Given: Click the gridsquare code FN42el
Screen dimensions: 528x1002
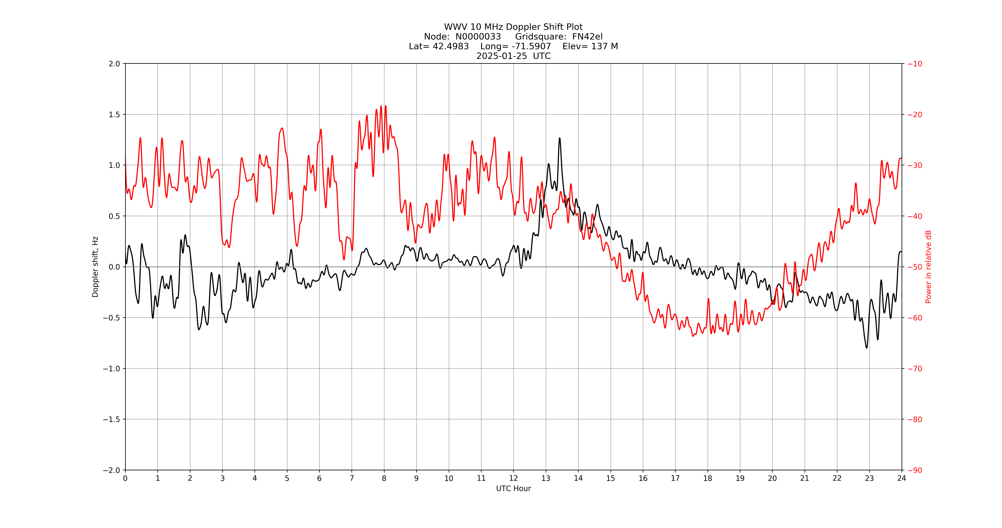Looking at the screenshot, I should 587,37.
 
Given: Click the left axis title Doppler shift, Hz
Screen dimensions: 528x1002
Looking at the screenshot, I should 95,267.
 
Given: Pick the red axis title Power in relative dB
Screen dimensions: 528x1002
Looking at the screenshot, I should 928,267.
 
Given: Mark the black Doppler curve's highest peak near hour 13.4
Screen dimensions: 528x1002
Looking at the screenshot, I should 560,138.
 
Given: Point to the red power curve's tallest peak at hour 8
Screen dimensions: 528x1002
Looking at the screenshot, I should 385,106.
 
